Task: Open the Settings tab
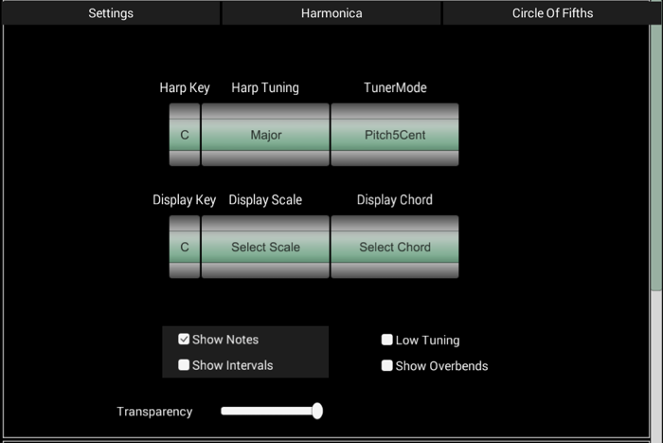(x=111, y=13)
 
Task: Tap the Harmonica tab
(x=331, y=13)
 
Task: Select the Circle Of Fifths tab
(x=552, y=13)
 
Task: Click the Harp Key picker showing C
(x=185, y=135)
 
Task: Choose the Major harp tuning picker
(x=265, y=135)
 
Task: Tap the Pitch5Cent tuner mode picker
(x=395, y=135)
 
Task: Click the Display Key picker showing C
(x=185, y=247)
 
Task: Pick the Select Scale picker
(x=265, y=247)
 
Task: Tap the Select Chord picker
(x=395, y=247)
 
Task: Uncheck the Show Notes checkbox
(x=184, y=340)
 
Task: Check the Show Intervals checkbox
(x=184, y=365)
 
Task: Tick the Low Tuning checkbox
(x=386, y=340)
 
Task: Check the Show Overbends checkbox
(x=386, y=365)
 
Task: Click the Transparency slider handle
(x=317, y=411)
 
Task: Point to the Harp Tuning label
(x=265, y=87)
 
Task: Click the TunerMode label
(x=395, y=87)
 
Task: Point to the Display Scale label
(x=265, y=200)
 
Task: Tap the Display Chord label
(x=395, y=200)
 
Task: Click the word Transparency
(x=154, y=412)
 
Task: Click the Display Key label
(x=185, y=200)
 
